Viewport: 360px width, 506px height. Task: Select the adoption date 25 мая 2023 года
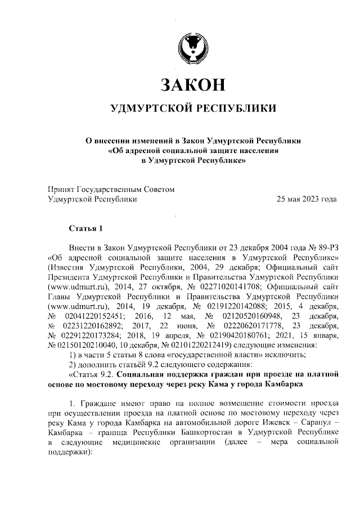coord(306,199)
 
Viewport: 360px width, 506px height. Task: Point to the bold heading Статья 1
coord(86,229)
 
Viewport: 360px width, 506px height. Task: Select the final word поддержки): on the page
coord(69,452)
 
